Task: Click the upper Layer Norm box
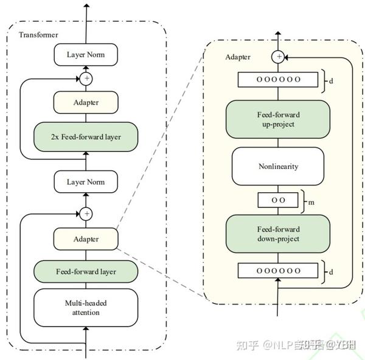86,55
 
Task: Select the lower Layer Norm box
86,182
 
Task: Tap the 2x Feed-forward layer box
86,137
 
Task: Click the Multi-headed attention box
86,308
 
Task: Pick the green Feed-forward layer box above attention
86,271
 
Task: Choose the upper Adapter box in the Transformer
86,103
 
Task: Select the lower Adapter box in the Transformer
86,239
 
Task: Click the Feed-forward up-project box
278,119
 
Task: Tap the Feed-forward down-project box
278,234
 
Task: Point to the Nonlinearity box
278,165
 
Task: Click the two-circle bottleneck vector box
278,199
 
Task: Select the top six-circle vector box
278,80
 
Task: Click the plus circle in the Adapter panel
279,57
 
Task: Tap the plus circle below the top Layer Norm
86,78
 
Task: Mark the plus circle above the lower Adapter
86,213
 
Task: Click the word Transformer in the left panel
38,35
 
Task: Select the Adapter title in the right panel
237,57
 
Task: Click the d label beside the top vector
330,80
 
